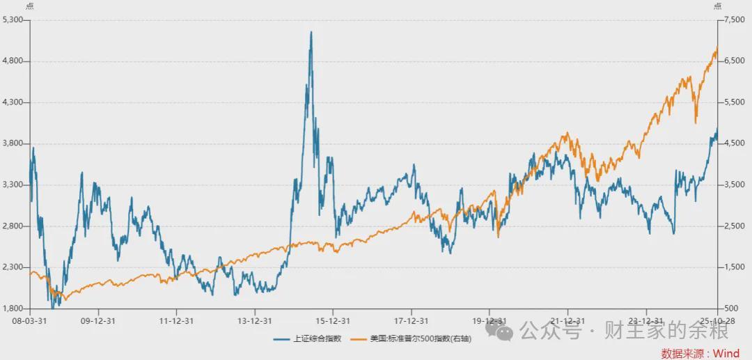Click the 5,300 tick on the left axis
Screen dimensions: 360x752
pos(14,20)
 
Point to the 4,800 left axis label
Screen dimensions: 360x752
pos(14,61)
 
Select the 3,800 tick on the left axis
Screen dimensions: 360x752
pos(14,144)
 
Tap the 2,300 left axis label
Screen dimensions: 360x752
pos(14,267)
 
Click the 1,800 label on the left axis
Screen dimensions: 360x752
pos(14,308)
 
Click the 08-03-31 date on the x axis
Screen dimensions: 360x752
pos(29,321)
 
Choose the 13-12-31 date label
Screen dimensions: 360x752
pos(255,321)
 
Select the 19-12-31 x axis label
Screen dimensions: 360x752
pos(490,321)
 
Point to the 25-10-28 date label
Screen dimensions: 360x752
pos(716,321)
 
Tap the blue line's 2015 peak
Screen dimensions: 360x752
pos(311,32)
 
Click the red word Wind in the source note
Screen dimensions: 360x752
pos(726,353)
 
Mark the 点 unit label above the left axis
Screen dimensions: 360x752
pos(29,6)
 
